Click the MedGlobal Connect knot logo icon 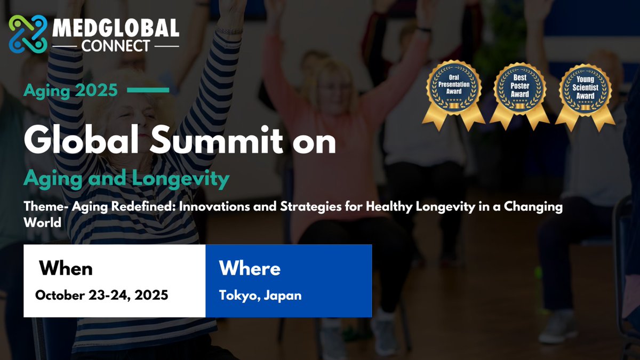(x=28, y=34)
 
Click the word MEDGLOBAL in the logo (x=116, y=28)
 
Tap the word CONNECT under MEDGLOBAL (x=116, y=46)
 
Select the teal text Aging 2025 (x=70, y=91)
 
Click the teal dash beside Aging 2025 (x=148, y=90)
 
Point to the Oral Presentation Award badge (x=454, y=95)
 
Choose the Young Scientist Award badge (x=585, y=98)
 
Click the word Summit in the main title (x=217, y=140)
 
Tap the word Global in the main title (x=81, y=140)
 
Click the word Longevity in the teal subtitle (x=181, y=179)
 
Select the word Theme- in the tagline (x=46, y=206)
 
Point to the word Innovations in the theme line (x=214, y=206)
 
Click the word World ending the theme (x=43, y=222)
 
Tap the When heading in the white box (x=66, y=268)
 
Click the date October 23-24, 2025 (x=102, y=295)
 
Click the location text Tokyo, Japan (x=260, y=295)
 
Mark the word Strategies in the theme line (x=311, y=207)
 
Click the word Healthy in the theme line (x=389, y=207)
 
